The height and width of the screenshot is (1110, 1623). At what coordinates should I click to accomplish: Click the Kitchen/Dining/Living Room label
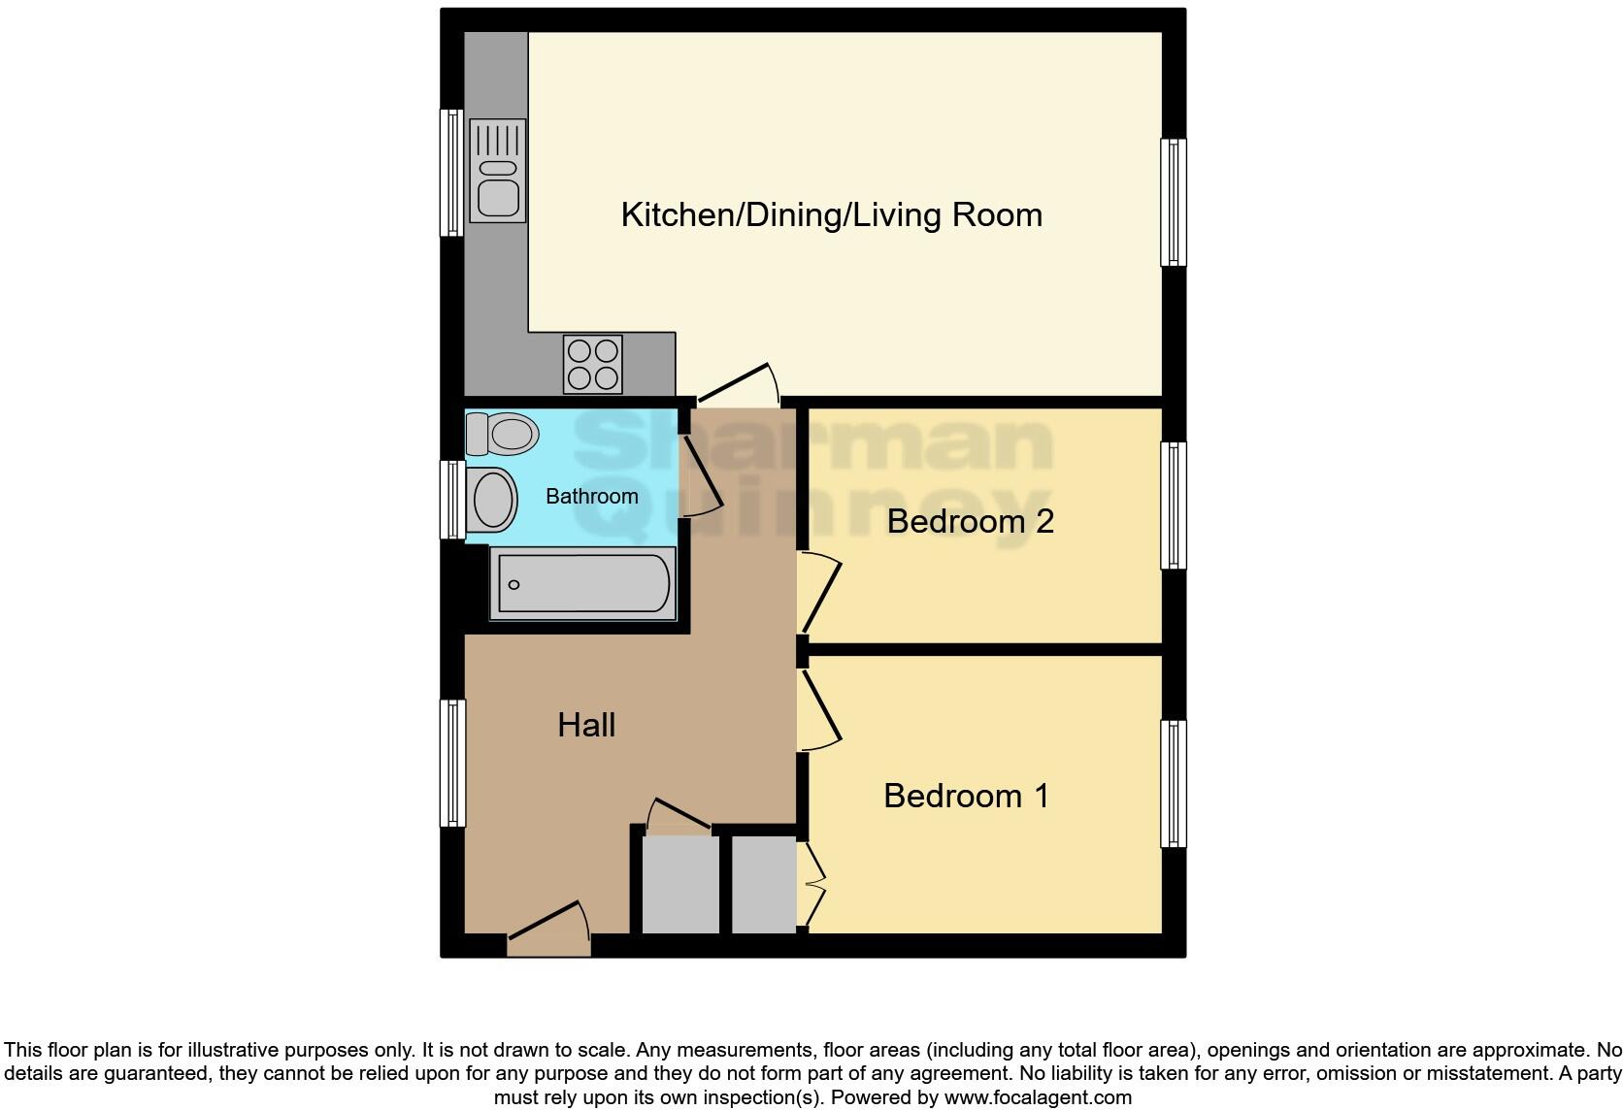[x=832, y=214]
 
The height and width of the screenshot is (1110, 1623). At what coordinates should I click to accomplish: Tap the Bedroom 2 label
[x=970, y=521]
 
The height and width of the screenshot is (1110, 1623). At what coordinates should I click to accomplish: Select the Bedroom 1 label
[x=966, y=796]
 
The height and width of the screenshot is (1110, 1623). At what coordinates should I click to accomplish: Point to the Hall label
[x=586, y=725]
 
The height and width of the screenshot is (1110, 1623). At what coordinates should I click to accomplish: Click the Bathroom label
[x=592, y=497]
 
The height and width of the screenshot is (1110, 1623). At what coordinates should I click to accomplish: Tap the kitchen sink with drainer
[x=497, y=171]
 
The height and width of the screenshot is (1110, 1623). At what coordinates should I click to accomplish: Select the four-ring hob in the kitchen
[x=592, y=364]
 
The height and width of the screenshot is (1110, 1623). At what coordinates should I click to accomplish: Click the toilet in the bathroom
[x=503, y=434]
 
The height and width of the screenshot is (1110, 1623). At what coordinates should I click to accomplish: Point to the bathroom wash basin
[x=493, y=500]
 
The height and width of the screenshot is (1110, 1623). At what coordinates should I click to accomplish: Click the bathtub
[x=581, y=584]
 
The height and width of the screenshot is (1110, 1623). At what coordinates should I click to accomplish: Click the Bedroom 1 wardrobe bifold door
[x=813, y=884]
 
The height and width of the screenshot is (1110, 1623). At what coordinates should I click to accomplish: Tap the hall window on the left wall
[x=452, y=763]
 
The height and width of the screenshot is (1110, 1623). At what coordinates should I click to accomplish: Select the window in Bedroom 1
[x=1174, y=783]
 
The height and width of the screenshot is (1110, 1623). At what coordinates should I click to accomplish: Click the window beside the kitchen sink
[x=451, y=173]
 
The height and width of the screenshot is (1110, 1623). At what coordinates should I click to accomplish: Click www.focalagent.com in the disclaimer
[x=1037, y=1098]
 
